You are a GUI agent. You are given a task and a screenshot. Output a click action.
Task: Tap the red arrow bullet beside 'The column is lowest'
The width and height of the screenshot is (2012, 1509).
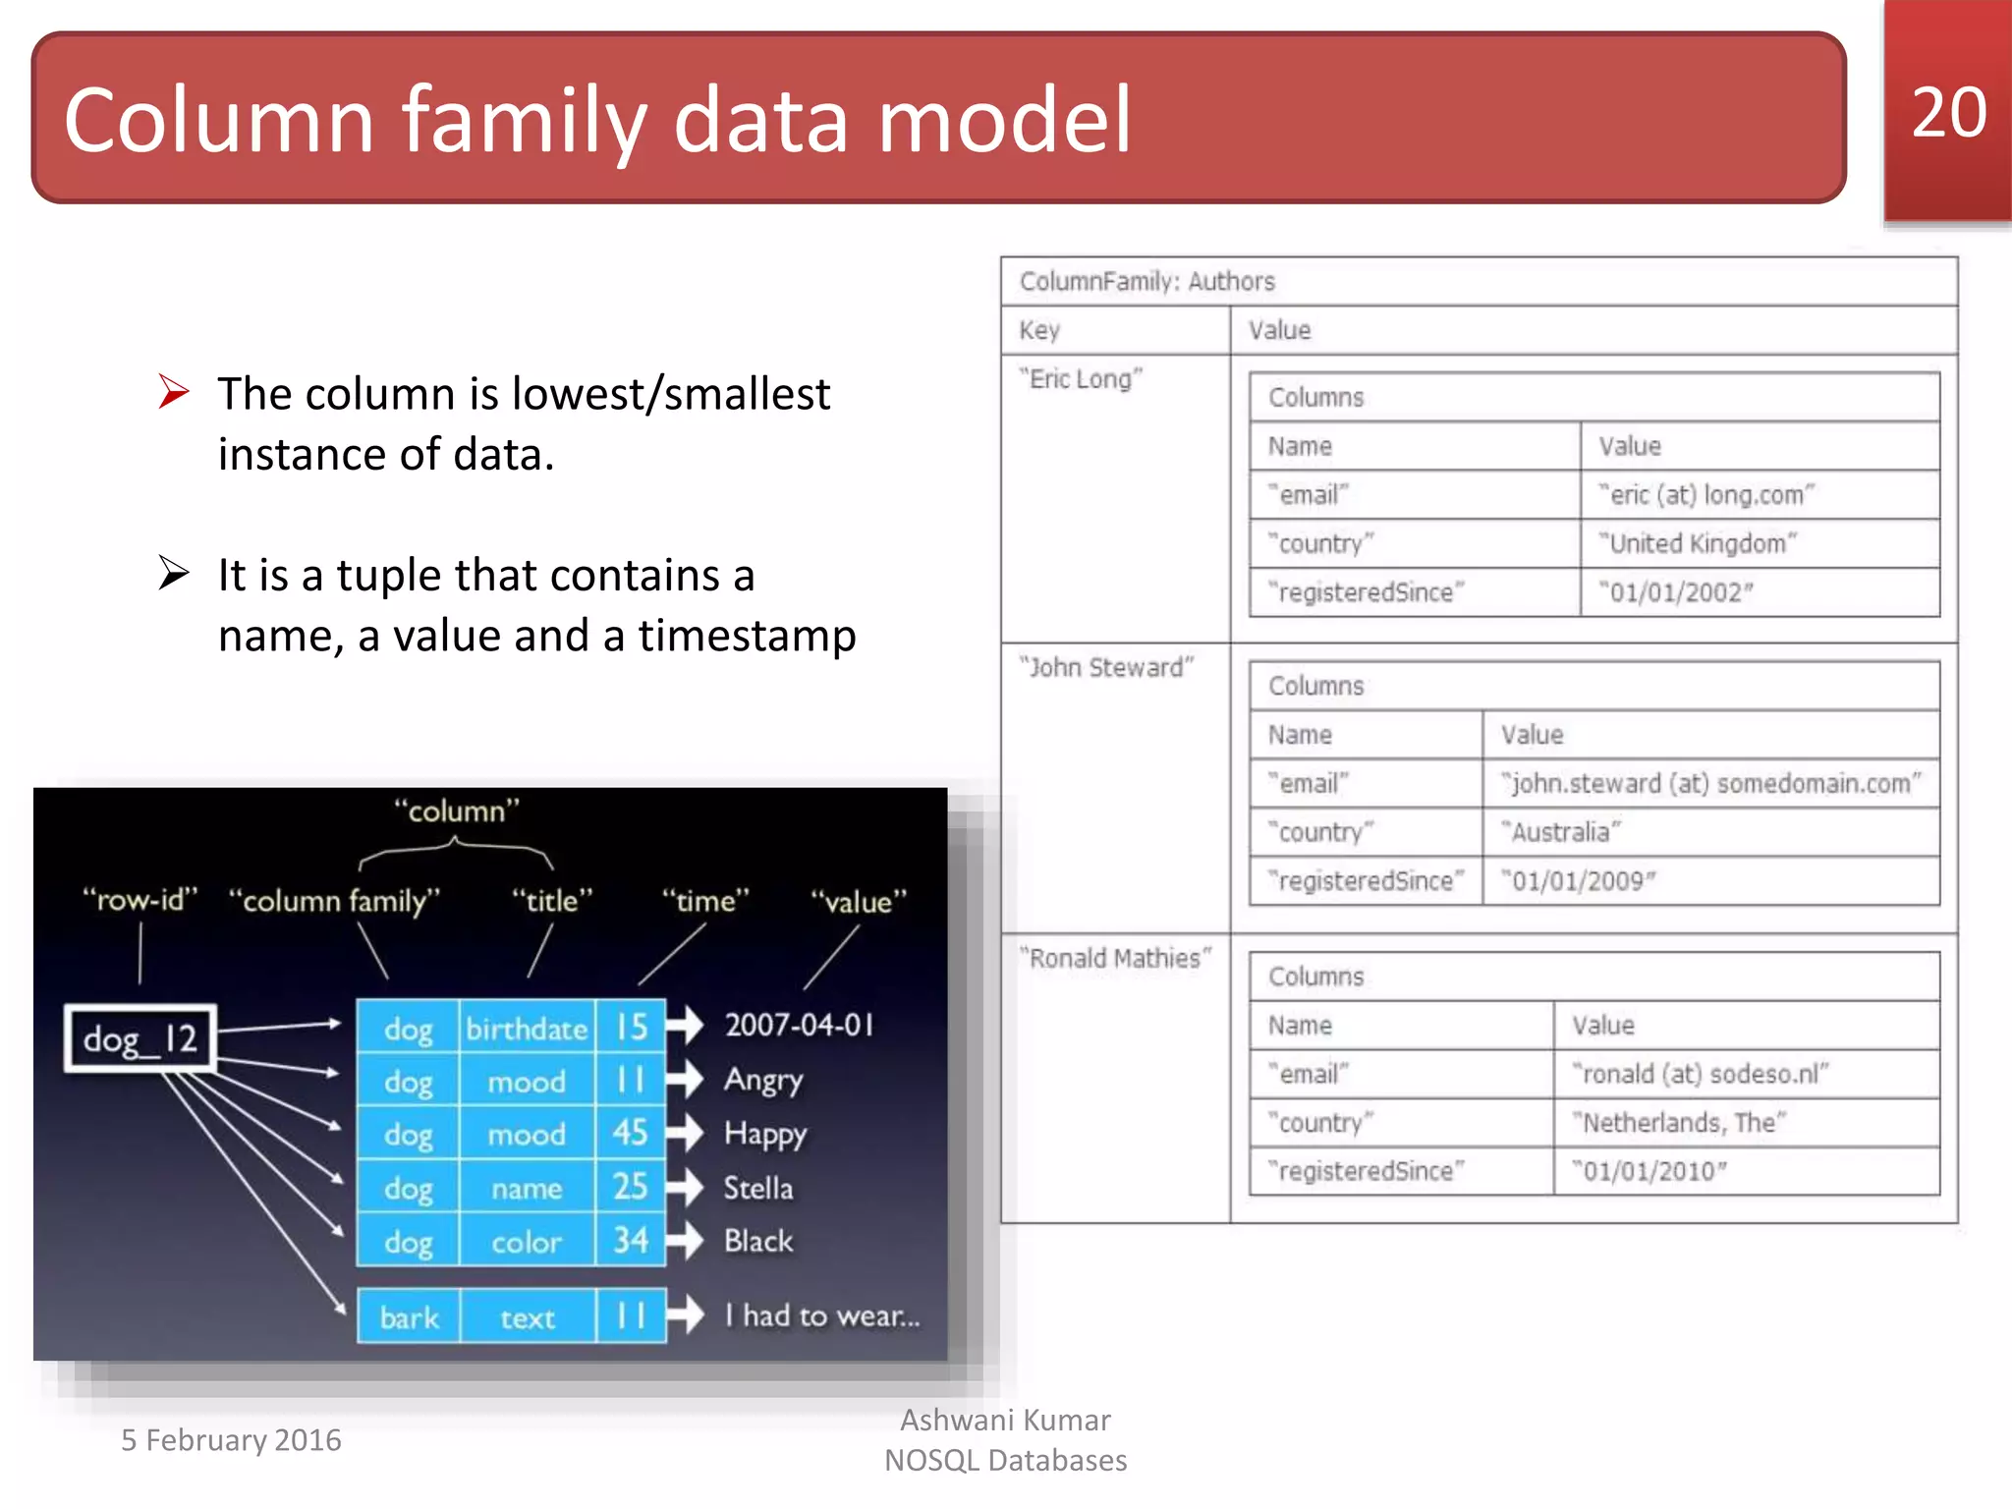point(174,392)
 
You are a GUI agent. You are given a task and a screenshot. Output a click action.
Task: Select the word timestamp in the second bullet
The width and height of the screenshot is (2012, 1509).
point(747,636)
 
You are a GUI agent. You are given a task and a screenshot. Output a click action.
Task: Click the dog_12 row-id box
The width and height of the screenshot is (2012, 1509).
point(140,1038)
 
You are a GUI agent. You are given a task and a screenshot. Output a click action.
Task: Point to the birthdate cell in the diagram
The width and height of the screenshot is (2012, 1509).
point(527,1029)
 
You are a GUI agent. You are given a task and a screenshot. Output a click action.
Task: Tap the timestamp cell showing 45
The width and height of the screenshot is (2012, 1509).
point(631,1134)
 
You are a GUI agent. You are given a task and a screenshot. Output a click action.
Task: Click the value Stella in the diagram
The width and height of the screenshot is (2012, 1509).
point(757,1188)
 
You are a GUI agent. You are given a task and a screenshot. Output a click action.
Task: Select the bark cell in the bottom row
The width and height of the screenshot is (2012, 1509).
point(409,1317)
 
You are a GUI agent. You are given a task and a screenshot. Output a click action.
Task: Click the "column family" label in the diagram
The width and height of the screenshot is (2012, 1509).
point(334,901)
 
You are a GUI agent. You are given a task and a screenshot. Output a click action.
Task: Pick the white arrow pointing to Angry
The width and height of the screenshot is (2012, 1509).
point(685,1080)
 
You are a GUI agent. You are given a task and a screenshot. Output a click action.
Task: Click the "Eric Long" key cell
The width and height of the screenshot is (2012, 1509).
point(1081,379)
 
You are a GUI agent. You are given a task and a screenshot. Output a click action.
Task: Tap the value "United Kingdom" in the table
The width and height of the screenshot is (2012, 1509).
point(1697,543)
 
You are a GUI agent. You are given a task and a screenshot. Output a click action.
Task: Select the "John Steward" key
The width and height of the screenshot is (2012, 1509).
point(1106,668)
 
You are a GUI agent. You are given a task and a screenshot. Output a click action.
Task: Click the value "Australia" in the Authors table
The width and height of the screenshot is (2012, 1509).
point(1560,832)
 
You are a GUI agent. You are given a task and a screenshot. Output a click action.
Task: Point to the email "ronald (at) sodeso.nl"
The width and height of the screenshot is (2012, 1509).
point(1700,1074)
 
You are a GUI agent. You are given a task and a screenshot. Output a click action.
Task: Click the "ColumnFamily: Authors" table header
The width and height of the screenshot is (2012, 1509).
point(1146,282)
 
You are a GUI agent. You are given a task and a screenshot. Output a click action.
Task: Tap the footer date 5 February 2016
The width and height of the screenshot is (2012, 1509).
point(231,1440)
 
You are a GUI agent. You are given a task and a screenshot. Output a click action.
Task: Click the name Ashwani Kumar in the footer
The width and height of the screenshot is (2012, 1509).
point(1005,1421)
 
